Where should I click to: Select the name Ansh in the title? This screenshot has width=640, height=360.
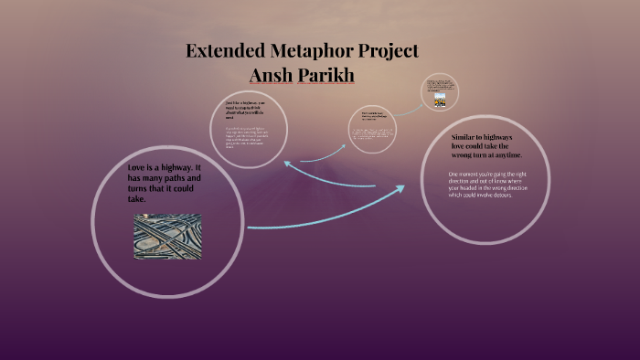point(273,73)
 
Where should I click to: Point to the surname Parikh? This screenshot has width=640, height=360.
point(325,73)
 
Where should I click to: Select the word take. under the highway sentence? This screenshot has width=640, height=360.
point(137,198)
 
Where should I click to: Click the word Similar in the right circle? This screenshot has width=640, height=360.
point(466,137)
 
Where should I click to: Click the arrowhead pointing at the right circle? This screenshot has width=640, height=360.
point(400,189)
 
